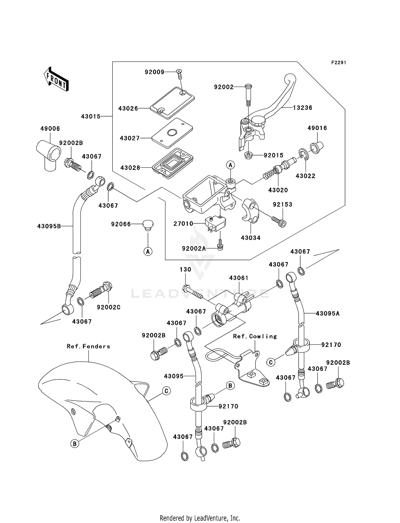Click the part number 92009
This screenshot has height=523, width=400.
[x=154, y=72]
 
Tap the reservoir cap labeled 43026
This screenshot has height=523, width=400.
[x=172, y=103]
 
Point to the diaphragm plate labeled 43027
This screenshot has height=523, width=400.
[x=172, y=133]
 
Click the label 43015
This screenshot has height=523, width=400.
[x=91, y=116]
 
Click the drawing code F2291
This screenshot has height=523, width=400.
[x=338, y=63]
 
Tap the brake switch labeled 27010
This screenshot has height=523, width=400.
[x=215, y=223]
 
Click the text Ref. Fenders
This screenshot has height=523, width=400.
[x=88, y=346]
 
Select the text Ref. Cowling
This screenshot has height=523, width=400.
[x=255, y=336]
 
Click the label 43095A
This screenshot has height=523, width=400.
[x=327, y=313]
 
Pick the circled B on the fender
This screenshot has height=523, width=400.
[x=75, y=444]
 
